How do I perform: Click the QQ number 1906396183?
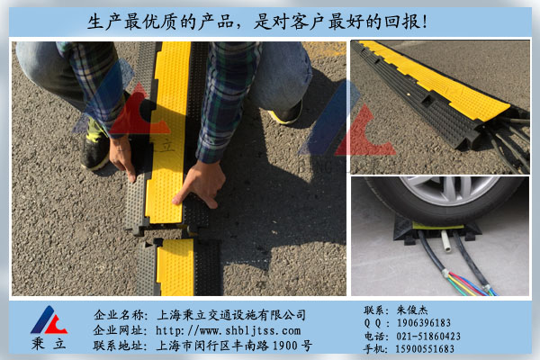point(424,323)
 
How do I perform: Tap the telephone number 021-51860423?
point(428,336)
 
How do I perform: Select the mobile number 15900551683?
point(425,349)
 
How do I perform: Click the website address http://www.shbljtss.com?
point(228,330)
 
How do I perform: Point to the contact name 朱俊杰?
point(412,310)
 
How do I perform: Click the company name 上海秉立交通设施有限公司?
point(231,315)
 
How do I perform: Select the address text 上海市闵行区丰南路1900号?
point(235,346)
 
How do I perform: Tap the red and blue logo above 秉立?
point(49,320)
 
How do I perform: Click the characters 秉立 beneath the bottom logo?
point(49,344)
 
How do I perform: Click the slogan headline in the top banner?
point(257,22)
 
